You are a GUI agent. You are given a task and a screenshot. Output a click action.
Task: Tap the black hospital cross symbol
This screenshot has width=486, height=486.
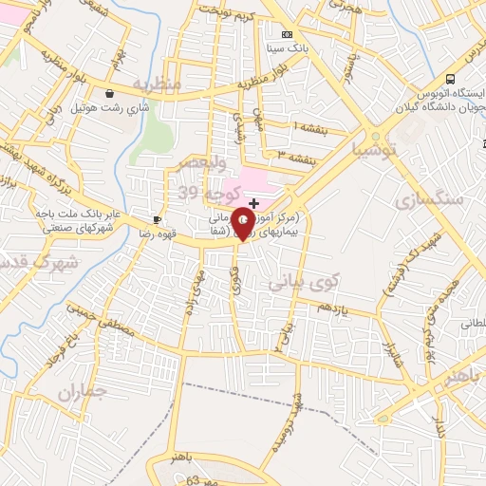coord(253,203)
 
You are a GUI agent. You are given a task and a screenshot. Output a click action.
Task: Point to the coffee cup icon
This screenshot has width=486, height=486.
coord(157,219)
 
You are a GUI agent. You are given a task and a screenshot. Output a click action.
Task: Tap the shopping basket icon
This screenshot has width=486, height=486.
coord(112,94)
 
